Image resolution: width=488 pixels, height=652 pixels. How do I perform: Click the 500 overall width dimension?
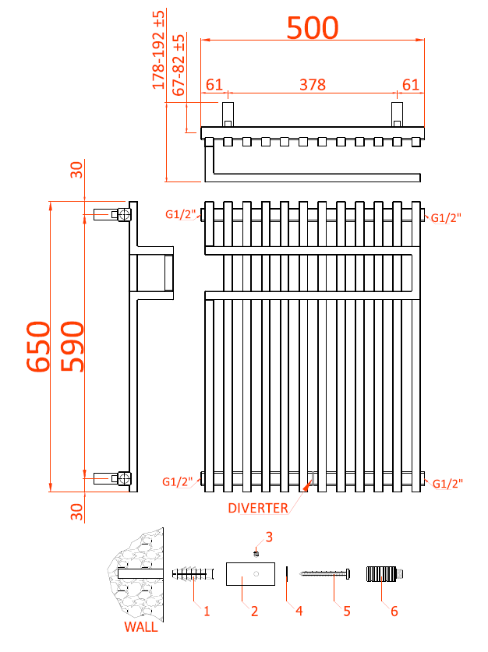point(313,28)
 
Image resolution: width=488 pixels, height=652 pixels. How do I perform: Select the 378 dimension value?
point(313,84)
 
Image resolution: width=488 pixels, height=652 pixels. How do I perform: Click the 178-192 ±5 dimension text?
point(159,50)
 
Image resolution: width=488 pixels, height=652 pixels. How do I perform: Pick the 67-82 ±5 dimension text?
point(179,65)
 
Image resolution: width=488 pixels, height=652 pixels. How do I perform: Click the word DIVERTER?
point(258,509)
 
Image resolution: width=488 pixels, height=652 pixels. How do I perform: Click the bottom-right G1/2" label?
point(447,484)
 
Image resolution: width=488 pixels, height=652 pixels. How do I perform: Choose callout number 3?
point(269,537)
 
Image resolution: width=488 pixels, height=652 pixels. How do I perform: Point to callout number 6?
point(394,611)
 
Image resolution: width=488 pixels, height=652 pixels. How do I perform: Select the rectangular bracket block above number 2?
point(249,575)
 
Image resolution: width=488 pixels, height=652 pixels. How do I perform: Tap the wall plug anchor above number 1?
point(192,575)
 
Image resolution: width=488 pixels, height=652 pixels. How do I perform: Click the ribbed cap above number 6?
point(382,575)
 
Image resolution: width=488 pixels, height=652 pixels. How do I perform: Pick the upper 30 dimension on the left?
point(76,170)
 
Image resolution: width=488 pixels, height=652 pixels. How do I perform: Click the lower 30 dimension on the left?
point(76,512)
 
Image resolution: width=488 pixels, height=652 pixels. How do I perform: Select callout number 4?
point(299,611)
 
